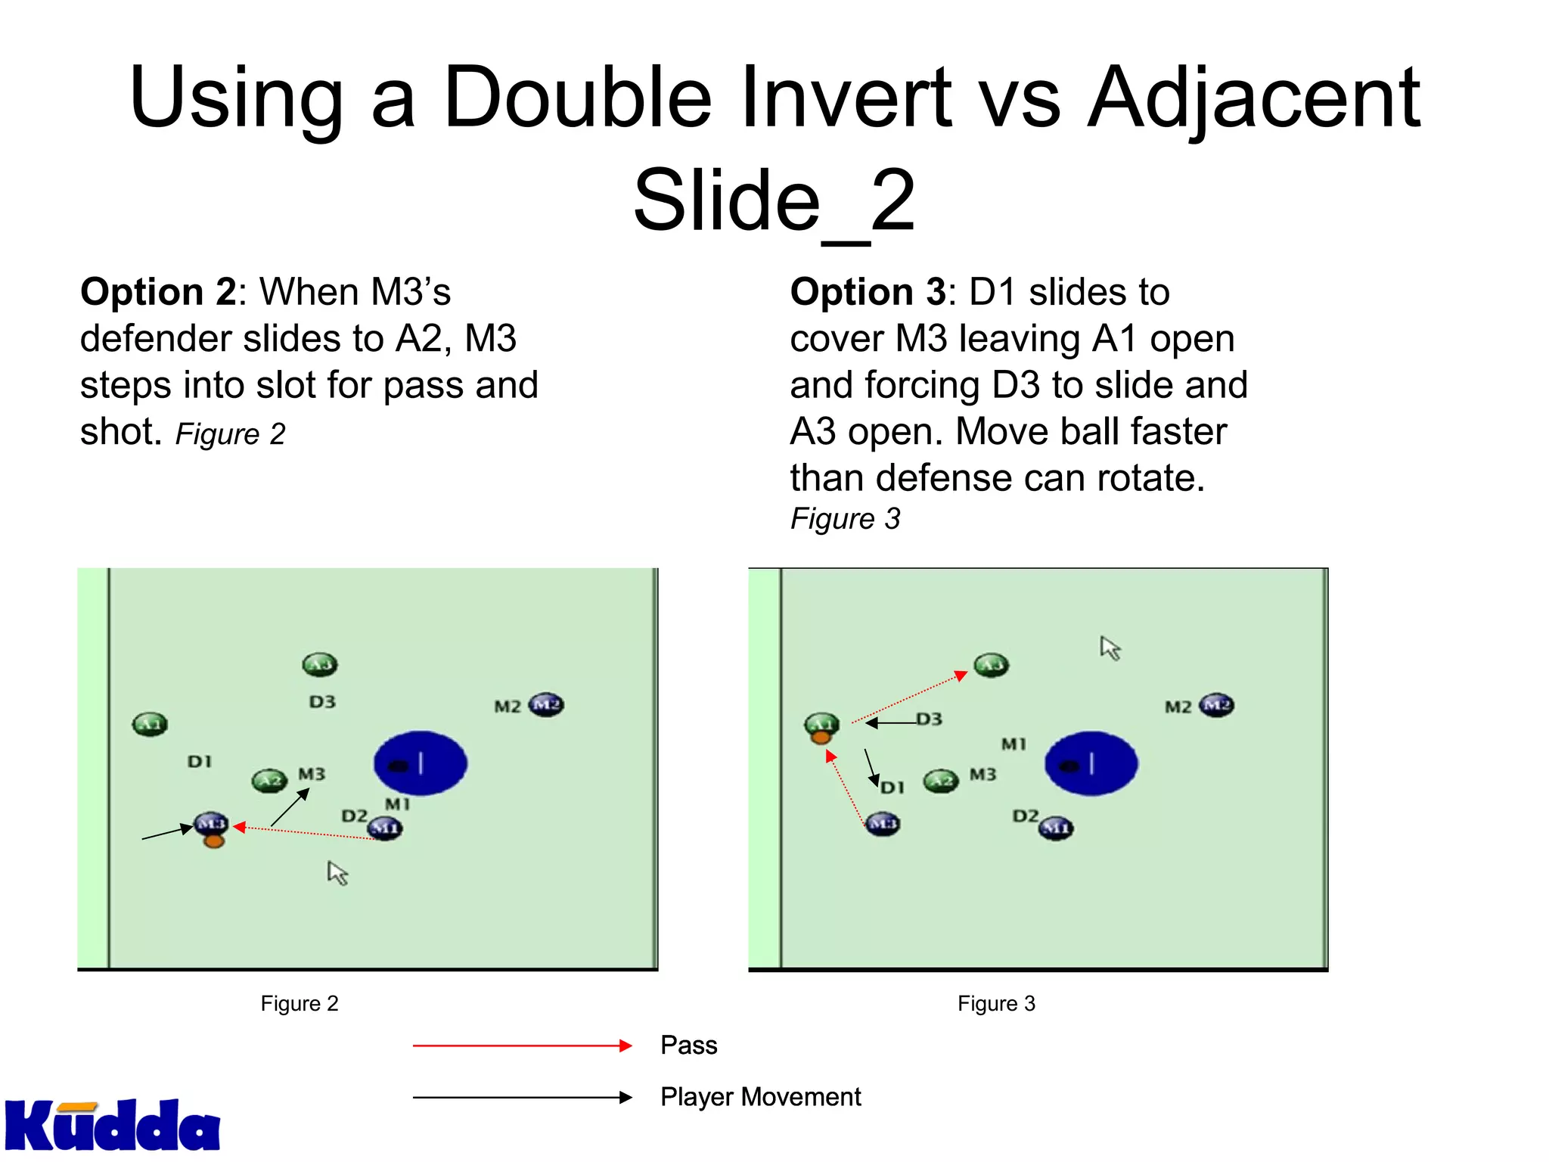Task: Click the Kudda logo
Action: tap(112, 1126)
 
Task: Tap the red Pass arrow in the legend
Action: tap(522, 1045)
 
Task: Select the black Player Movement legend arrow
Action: tap(522, 1097)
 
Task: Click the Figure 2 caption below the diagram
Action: tap(300, 1003)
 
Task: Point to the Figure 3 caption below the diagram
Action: tap(996, 1003)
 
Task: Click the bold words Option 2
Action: tap(159, 292)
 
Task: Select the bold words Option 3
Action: tap(868, 292)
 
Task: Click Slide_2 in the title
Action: tap(774, 200)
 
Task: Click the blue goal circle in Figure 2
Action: tap(421, 763)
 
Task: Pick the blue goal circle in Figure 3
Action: tap(1091, 763)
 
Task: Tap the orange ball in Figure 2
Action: tap(214, 840)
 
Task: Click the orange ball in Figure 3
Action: tap(821, 736)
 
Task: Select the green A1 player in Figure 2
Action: tap(150, 724)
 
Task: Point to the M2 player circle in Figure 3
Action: tap(1216, 705)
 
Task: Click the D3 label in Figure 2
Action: tap(322, 702)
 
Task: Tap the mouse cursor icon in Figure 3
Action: tap(1110, 648)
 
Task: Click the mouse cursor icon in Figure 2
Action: tap(337, 873)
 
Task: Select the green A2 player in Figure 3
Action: tap(941, 781)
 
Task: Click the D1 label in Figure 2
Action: tap(200, 761)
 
